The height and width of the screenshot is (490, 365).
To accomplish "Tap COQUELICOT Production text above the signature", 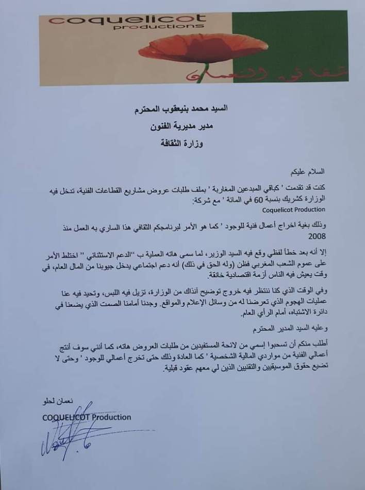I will point(86,417).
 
